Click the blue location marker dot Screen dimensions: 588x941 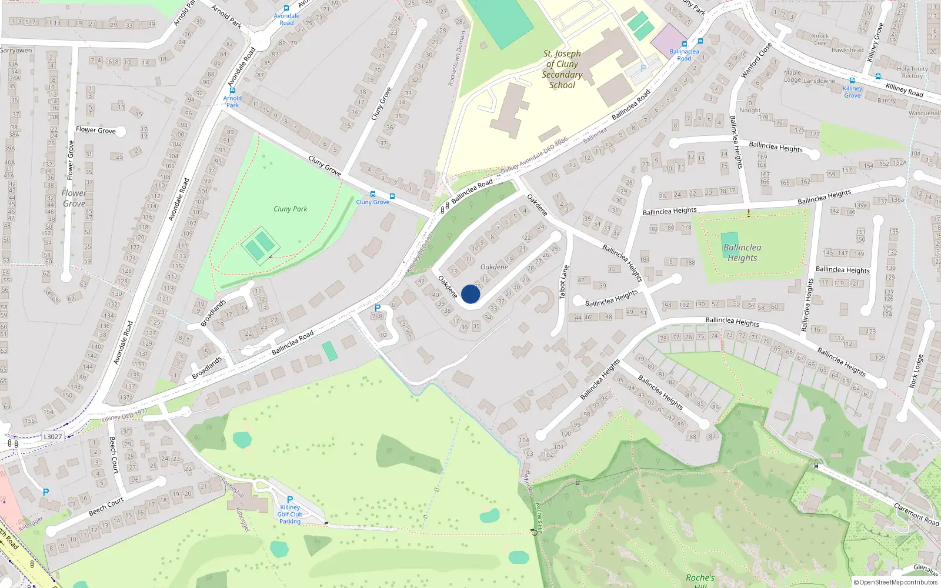point(470,294)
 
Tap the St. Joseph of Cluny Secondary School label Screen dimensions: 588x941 point(562,69)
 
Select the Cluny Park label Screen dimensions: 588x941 point(290,209)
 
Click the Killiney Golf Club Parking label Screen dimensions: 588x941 point(290,514)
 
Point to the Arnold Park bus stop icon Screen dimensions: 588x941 point(232,91)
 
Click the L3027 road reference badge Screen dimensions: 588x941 point(53,436)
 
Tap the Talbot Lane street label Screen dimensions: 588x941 point(564,282)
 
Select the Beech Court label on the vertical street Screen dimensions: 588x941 point(114,455)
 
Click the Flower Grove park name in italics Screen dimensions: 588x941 point(74,198)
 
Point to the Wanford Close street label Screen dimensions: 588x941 point(756,60)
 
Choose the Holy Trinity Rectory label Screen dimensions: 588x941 point(912,72)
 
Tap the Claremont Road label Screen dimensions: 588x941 point(916,513)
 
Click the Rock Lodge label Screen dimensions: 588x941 point(916,372)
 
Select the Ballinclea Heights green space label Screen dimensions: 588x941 point(742,253)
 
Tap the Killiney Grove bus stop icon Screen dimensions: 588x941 point(852,81)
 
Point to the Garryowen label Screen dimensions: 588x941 point(16,51)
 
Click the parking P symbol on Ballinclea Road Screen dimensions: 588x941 point(378,308)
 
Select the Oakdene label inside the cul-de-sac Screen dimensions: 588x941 point(494,267)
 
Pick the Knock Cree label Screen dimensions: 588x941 point(820,39)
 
